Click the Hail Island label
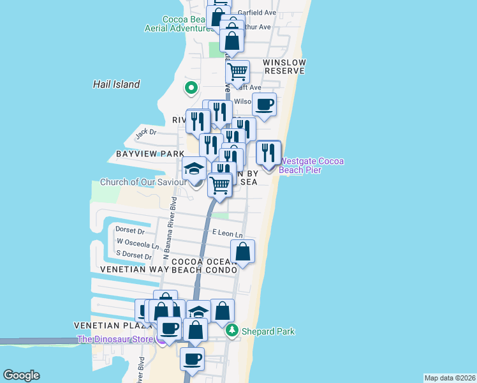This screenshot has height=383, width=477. coord(116,84)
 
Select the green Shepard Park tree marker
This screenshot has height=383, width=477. coord(232,330)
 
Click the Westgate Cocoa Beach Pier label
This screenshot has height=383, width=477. coord(311,166)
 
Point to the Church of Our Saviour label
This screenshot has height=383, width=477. coord(143,182)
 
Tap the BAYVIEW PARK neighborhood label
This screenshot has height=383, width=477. coord(150,154)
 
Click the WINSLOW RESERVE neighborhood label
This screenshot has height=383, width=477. coord(285,66)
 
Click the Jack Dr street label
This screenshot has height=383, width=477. coord(145,133)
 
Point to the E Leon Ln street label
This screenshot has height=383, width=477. coord(228,234)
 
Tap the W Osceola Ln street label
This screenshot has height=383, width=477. coord(138,243)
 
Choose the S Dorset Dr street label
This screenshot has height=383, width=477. coord(129,257)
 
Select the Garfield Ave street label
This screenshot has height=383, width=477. coord(256,12)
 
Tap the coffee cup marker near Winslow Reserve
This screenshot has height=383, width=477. coord(264,105)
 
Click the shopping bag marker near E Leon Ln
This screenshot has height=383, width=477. coord(243,251)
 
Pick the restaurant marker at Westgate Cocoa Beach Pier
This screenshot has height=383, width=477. coord(268,153)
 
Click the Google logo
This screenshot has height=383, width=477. coord(21,375)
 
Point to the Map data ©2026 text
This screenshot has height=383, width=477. coord(450,378)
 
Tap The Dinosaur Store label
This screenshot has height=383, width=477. coord(115,339)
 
